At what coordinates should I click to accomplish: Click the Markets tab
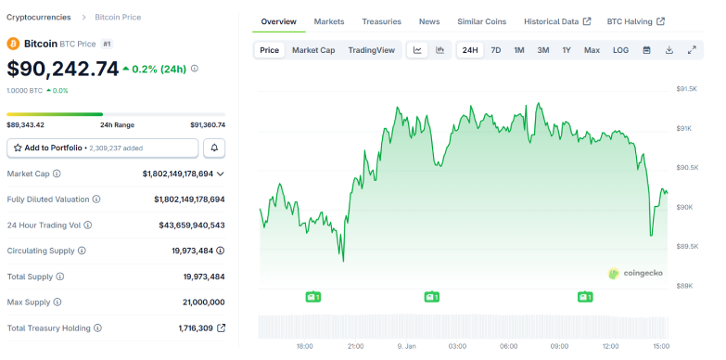pos(329,21)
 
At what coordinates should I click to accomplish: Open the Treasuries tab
pos(381,21)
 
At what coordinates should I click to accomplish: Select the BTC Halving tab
pos(634,21)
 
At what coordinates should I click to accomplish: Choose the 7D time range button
pos(496,50)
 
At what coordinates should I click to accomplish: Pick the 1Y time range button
pos(566,50)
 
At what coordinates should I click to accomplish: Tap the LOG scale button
pos(620,50)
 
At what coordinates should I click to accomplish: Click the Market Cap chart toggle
pos(313,50)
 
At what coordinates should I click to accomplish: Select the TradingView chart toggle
pos(371,50)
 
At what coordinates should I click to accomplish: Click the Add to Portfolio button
pos(102,148)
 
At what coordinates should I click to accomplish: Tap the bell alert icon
pos(214,148)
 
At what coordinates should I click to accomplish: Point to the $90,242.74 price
pos(63,69)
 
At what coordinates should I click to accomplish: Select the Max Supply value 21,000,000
pos(197,302)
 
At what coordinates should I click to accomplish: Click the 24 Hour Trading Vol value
pos(191,225)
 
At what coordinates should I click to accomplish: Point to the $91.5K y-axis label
pos(686,89)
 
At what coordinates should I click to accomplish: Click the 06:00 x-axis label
pos(508,346)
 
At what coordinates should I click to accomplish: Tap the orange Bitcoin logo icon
pos(13,44)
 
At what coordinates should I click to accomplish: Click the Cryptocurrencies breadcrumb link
pos(38,18)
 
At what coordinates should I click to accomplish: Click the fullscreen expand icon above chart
pos(691,50)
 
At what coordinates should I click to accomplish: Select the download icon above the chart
pos(669,50)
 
